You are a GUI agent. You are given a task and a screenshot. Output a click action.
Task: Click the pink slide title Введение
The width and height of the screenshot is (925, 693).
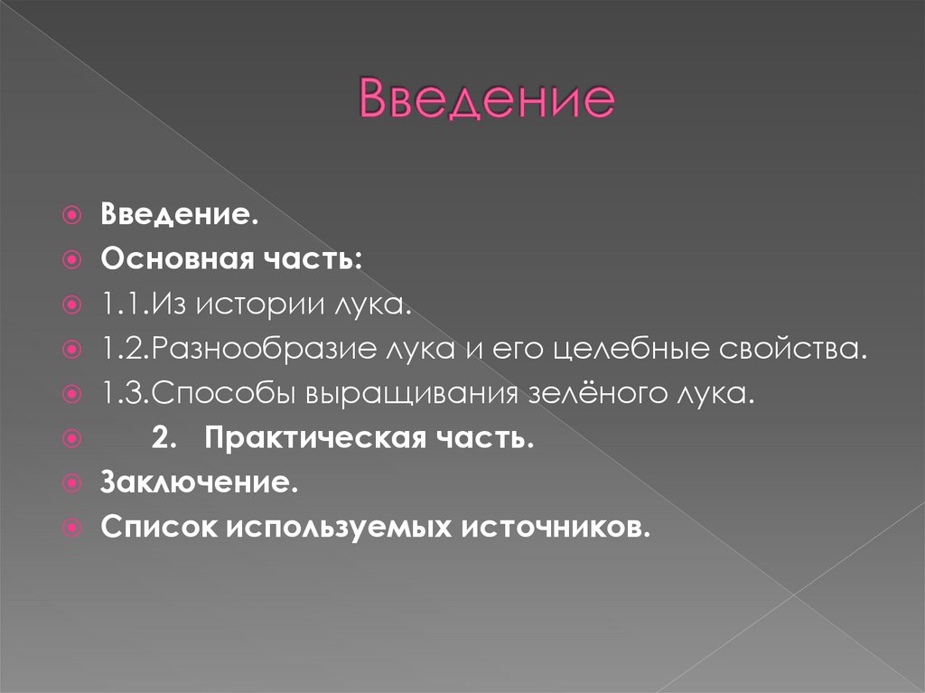click(x=486, y=98)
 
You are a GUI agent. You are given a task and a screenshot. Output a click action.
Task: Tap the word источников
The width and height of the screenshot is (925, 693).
click(x=557, y=527)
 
